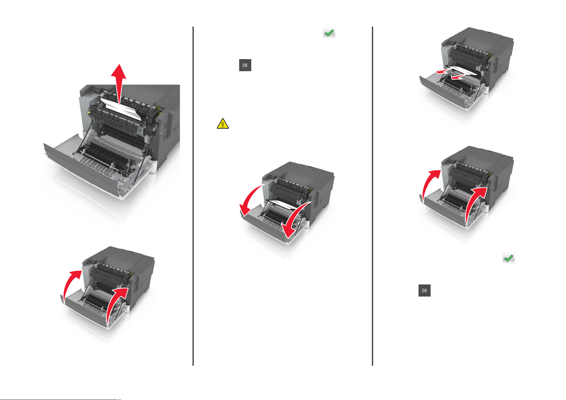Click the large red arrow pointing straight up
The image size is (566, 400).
[119, 83]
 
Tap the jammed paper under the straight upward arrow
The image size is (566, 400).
[121, 109]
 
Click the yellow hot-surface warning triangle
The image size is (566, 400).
[223, 124]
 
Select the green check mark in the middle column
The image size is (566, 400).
[329, 33]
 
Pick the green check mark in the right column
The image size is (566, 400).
[509, 258]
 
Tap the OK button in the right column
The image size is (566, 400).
[425, 291]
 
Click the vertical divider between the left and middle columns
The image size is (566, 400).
[193, 196]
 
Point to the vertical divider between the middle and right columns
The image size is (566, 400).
[373, 196]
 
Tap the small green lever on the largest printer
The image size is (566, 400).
[89, 112]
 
